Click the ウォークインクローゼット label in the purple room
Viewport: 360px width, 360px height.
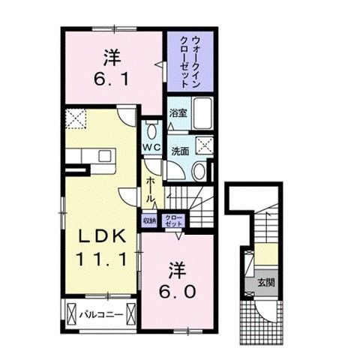click(190, 57)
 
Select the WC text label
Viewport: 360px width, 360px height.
click(152, 146)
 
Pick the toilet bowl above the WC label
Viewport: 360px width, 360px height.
click(152, 129)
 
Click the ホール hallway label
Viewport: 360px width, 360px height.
click(151, 187)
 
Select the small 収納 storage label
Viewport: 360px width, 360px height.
click(150, 220)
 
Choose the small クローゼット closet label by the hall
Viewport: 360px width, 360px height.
click(174, 220)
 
